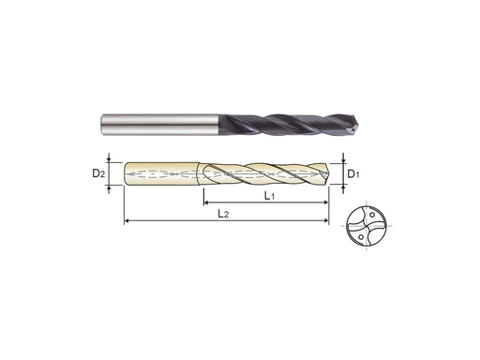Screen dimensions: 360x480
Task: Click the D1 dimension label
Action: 353,174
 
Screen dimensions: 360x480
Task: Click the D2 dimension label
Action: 98,174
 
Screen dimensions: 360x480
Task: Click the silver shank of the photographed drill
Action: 150,123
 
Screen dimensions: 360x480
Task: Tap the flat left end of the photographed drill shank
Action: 102,123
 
